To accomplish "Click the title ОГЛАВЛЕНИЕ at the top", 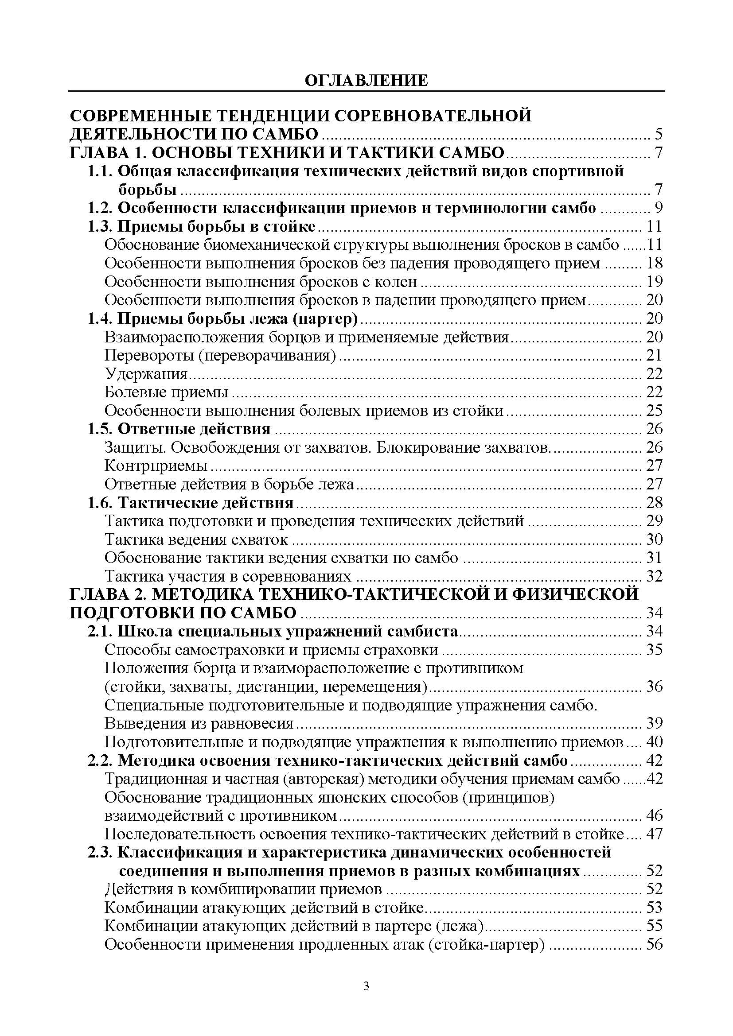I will (366, 80).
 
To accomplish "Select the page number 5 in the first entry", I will (659, 135).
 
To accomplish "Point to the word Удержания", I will (146, 374).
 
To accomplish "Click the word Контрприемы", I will (156, 465).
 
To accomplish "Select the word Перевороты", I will (149, 356).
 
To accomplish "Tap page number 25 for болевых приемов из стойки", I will (654, 411).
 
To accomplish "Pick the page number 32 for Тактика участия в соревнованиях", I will (654, 576).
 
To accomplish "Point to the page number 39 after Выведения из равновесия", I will (654, 723).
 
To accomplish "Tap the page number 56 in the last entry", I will (654, 944).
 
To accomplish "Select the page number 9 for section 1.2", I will (659, 208).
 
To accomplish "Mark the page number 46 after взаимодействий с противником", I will (654, 816).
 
